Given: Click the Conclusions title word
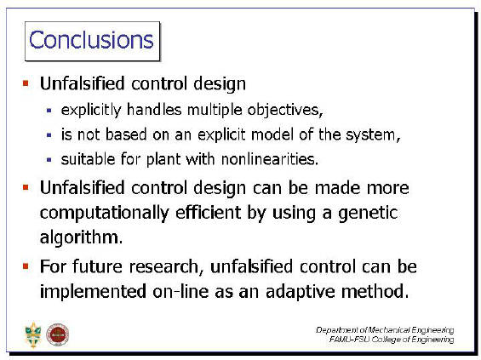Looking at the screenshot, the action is tap(91, 40).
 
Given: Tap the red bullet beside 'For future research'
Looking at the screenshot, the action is tap(26, 266).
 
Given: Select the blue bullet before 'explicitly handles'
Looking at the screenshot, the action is tap(49, 110).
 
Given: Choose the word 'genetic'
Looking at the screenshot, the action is tap(368, 214).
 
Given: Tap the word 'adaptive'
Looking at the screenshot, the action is tap(300, 291).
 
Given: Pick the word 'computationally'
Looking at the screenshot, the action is tap(105, 214).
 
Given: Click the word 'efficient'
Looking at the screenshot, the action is tap(209, 213).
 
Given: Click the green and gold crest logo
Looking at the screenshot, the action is tap(33, 334).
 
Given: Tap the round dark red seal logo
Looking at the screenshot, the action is tap(57, 334).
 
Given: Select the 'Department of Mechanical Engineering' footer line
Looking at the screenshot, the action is tap(385, 330).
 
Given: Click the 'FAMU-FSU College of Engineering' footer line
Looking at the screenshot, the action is tap(392, 340).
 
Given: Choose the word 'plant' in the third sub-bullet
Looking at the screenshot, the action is tap(163, 160).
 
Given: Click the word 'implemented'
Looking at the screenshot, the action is tap(93, 292).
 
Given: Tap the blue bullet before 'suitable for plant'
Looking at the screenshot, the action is tap(49, 160).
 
